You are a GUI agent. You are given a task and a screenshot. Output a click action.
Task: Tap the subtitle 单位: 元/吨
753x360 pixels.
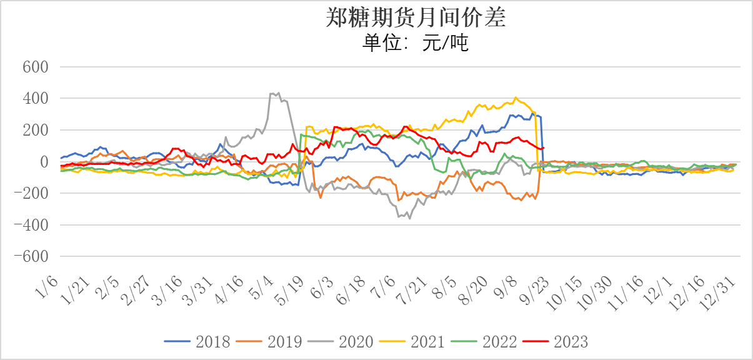[416, 43]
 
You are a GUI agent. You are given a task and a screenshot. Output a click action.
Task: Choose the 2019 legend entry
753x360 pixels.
[284, 341]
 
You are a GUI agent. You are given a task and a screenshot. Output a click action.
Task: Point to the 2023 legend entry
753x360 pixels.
[571, 341]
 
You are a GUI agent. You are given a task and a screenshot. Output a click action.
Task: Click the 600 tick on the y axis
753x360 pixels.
[36, 67]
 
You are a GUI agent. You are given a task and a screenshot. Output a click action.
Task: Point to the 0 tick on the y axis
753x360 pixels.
[45, 162]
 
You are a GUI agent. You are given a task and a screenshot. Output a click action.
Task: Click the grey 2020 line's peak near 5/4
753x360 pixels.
[278, 92]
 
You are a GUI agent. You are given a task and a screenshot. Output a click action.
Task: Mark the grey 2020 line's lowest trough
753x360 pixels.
[410, 218]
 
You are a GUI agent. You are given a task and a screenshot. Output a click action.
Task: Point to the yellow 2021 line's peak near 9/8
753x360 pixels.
[516, 97]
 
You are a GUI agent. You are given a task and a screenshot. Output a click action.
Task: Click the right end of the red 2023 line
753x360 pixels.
[544, 147]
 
